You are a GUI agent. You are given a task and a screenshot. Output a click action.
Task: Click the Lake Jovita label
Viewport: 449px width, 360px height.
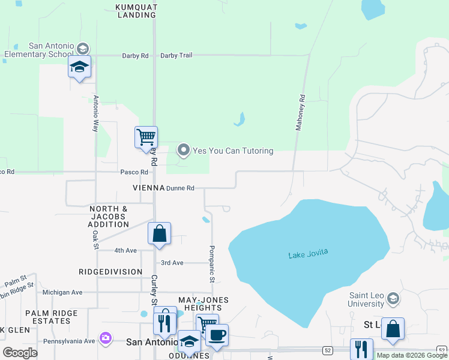(x=308, y=254)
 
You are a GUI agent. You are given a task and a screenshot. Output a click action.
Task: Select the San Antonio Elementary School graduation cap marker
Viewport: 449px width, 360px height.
(x=79, y=67)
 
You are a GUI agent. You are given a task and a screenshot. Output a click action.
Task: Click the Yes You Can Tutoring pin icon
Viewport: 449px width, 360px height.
(x=183, y=151)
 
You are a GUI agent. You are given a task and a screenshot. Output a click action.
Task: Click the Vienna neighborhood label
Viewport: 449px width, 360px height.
(x=149, y=188)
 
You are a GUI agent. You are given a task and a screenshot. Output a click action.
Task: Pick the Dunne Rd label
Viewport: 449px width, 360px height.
(x=180, y=188)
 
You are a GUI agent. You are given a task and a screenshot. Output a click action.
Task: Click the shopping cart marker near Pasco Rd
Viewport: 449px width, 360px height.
(x=146, y=137)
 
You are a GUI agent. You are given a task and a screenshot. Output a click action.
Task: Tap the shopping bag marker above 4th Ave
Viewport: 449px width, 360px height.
(x=159, y=233)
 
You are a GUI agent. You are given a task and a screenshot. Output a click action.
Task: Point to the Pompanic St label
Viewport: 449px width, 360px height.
(x=211, y=264)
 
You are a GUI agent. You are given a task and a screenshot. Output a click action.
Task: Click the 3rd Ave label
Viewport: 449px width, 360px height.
(x=172, y=263)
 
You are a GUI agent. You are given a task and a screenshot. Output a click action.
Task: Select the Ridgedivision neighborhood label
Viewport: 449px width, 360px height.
(x=110, y=272)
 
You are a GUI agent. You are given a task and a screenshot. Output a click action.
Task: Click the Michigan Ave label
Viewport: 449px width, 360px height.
(x=62, y=293)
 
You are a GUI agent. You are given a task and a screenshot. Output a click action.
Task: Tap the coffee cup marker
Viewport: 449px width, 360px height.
(x=217, y=334)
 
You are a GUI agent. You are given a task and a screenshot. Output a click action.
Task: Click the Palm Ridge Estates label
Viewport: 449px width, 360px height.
(x=51, y=317)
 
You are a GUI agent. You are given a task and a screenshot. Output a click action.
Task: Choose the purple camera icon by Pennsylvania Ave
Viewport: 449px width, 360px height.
(x=106, y=339)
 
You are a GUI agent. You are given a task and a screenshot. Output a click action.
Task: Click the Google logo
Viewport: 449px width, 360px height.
(x=20, y=353)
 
